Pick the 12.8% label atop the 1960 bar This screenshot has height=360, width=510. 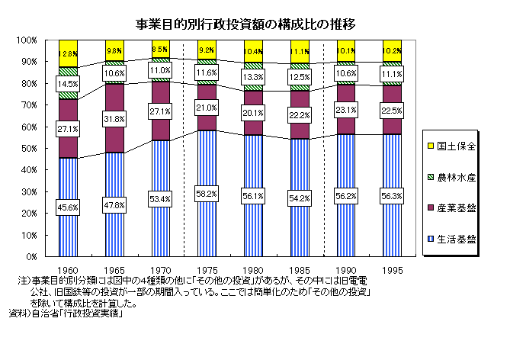pos(69,54)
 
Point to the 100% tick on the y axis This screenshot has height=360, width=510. pos(26,40)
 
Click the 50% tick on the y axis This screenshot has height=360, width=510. pos(28,148)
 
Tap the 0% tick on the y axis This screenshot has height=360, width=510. pos(30,256)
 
